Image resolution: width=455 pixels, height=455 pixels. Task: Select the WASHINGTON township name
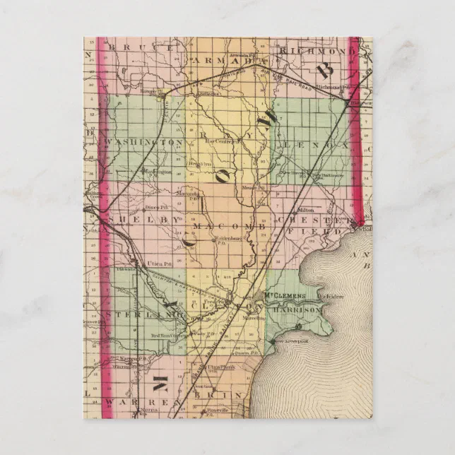click(145, 143)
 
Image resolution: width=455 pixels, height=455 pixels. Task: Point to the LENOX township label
click(314, 144)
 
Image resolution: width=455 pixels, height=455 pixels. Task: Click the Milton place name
click(306, 210)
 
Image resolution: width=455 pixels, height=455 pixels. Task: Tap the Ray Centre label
click(220, 141)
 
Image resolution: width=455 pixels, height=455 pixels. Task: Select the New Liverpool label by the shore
click(288, 341)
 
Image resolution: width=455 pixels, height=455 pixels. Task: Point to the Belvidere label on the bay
click(329, 296)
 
